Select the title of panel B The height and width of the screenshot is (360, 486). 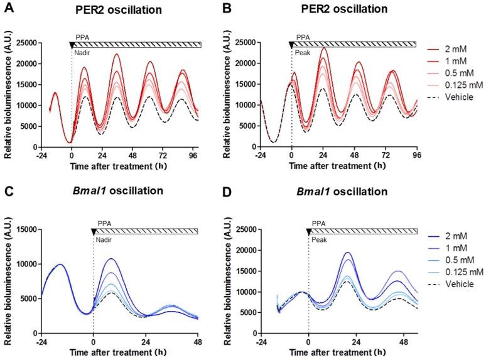(x=343, y=10)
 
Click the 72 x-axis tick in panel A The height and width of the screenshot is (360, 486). (x=162, y=155)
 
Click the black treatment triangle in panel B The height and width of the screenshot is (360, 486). (x=291, y=45)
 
